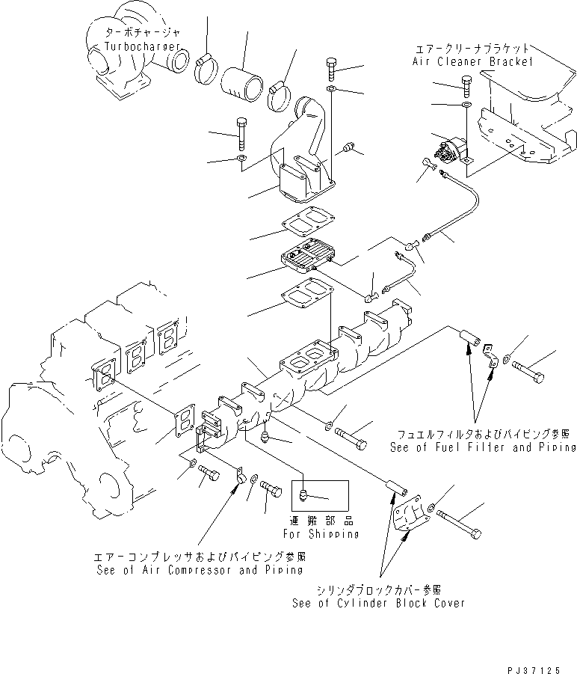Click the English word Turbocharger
142,46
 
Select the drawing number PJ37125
534,670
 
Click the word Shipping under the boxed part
333,534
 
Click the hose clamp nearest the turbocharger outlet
206,68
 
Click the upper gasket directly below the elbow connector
309,222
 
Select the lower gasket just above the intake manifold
307,294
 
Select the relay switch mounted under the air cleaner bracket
450,149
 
